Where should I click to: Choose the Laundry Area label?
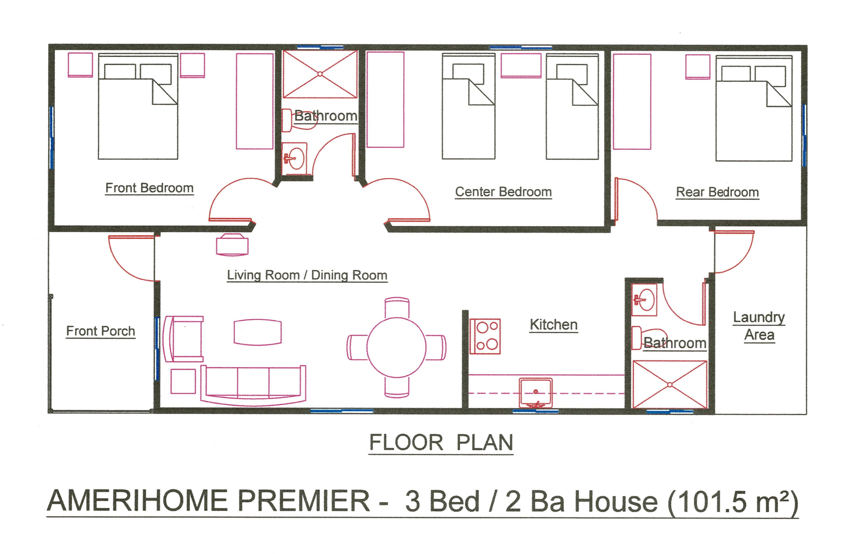(759, 326)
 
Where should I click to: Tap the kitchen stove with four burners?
(485, 336)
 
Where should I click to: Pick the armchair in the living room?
(183, 339)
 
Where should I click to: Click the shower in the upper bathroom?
(320, 74)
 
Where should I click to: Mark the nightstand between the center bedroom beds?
(521, 65)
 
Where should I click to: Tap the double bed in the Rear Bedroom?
(754, 108)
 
